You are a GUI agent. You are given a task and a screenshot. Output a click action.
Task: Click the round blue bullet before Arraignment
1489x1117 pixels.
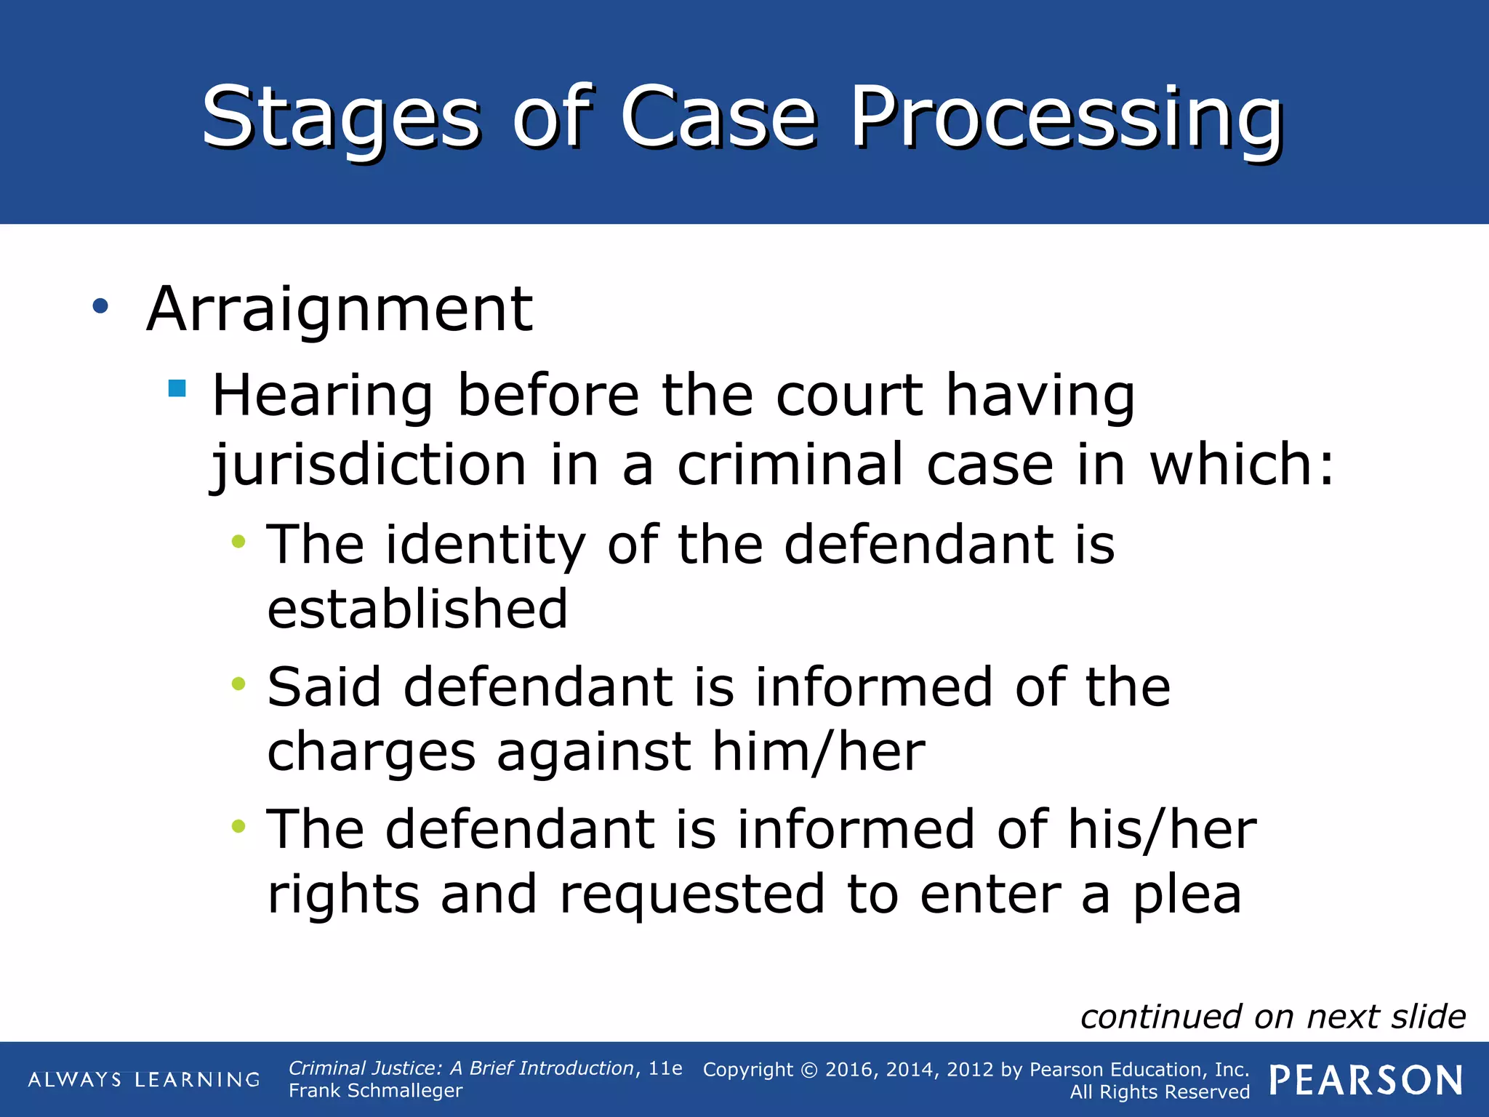tap(100, 306)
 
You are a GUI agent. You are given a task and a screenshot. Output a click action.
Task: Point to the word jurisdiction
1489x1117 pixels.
tap(369, 465)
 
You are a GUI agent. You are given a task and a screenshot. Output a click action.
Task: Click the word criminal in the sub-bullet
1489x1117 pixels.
tap(790, 465)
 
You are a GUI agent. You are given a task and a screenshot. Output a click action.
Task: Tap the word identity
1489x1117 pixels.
tap(485, 545)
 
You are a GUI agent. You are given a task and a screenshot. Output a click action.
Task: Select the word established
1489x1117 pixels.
tap(417, 609)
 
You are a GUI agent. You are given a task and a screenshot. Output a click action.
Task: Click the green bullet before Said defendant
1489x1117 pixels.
tap(238, 684)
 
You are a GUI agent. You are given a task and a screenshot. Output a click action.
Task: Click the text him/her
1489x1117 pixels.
tap(818, 752)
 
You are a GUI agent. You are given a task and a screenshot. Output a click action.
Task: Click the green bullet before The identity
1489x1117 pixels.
tap(238, 541)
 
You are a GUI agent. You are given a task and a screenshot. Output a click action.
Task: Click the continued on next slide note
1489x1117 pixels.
tap(1272, 1017)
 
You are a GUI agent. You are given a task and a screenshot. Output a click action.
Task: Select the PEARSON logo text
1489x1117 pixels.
tap(1365, 1080)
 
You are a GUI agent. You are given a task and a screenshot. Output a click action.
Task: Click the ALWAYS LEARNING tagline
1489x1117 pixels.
tap(144, 1080)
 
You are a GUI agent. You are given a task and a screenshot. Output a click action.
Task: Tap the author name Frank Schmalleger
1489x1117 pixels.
tap(375, 1091)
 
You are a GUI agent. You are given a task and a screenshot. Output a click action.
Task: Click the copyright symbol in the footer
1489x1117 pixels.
tap(809, 1070)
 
